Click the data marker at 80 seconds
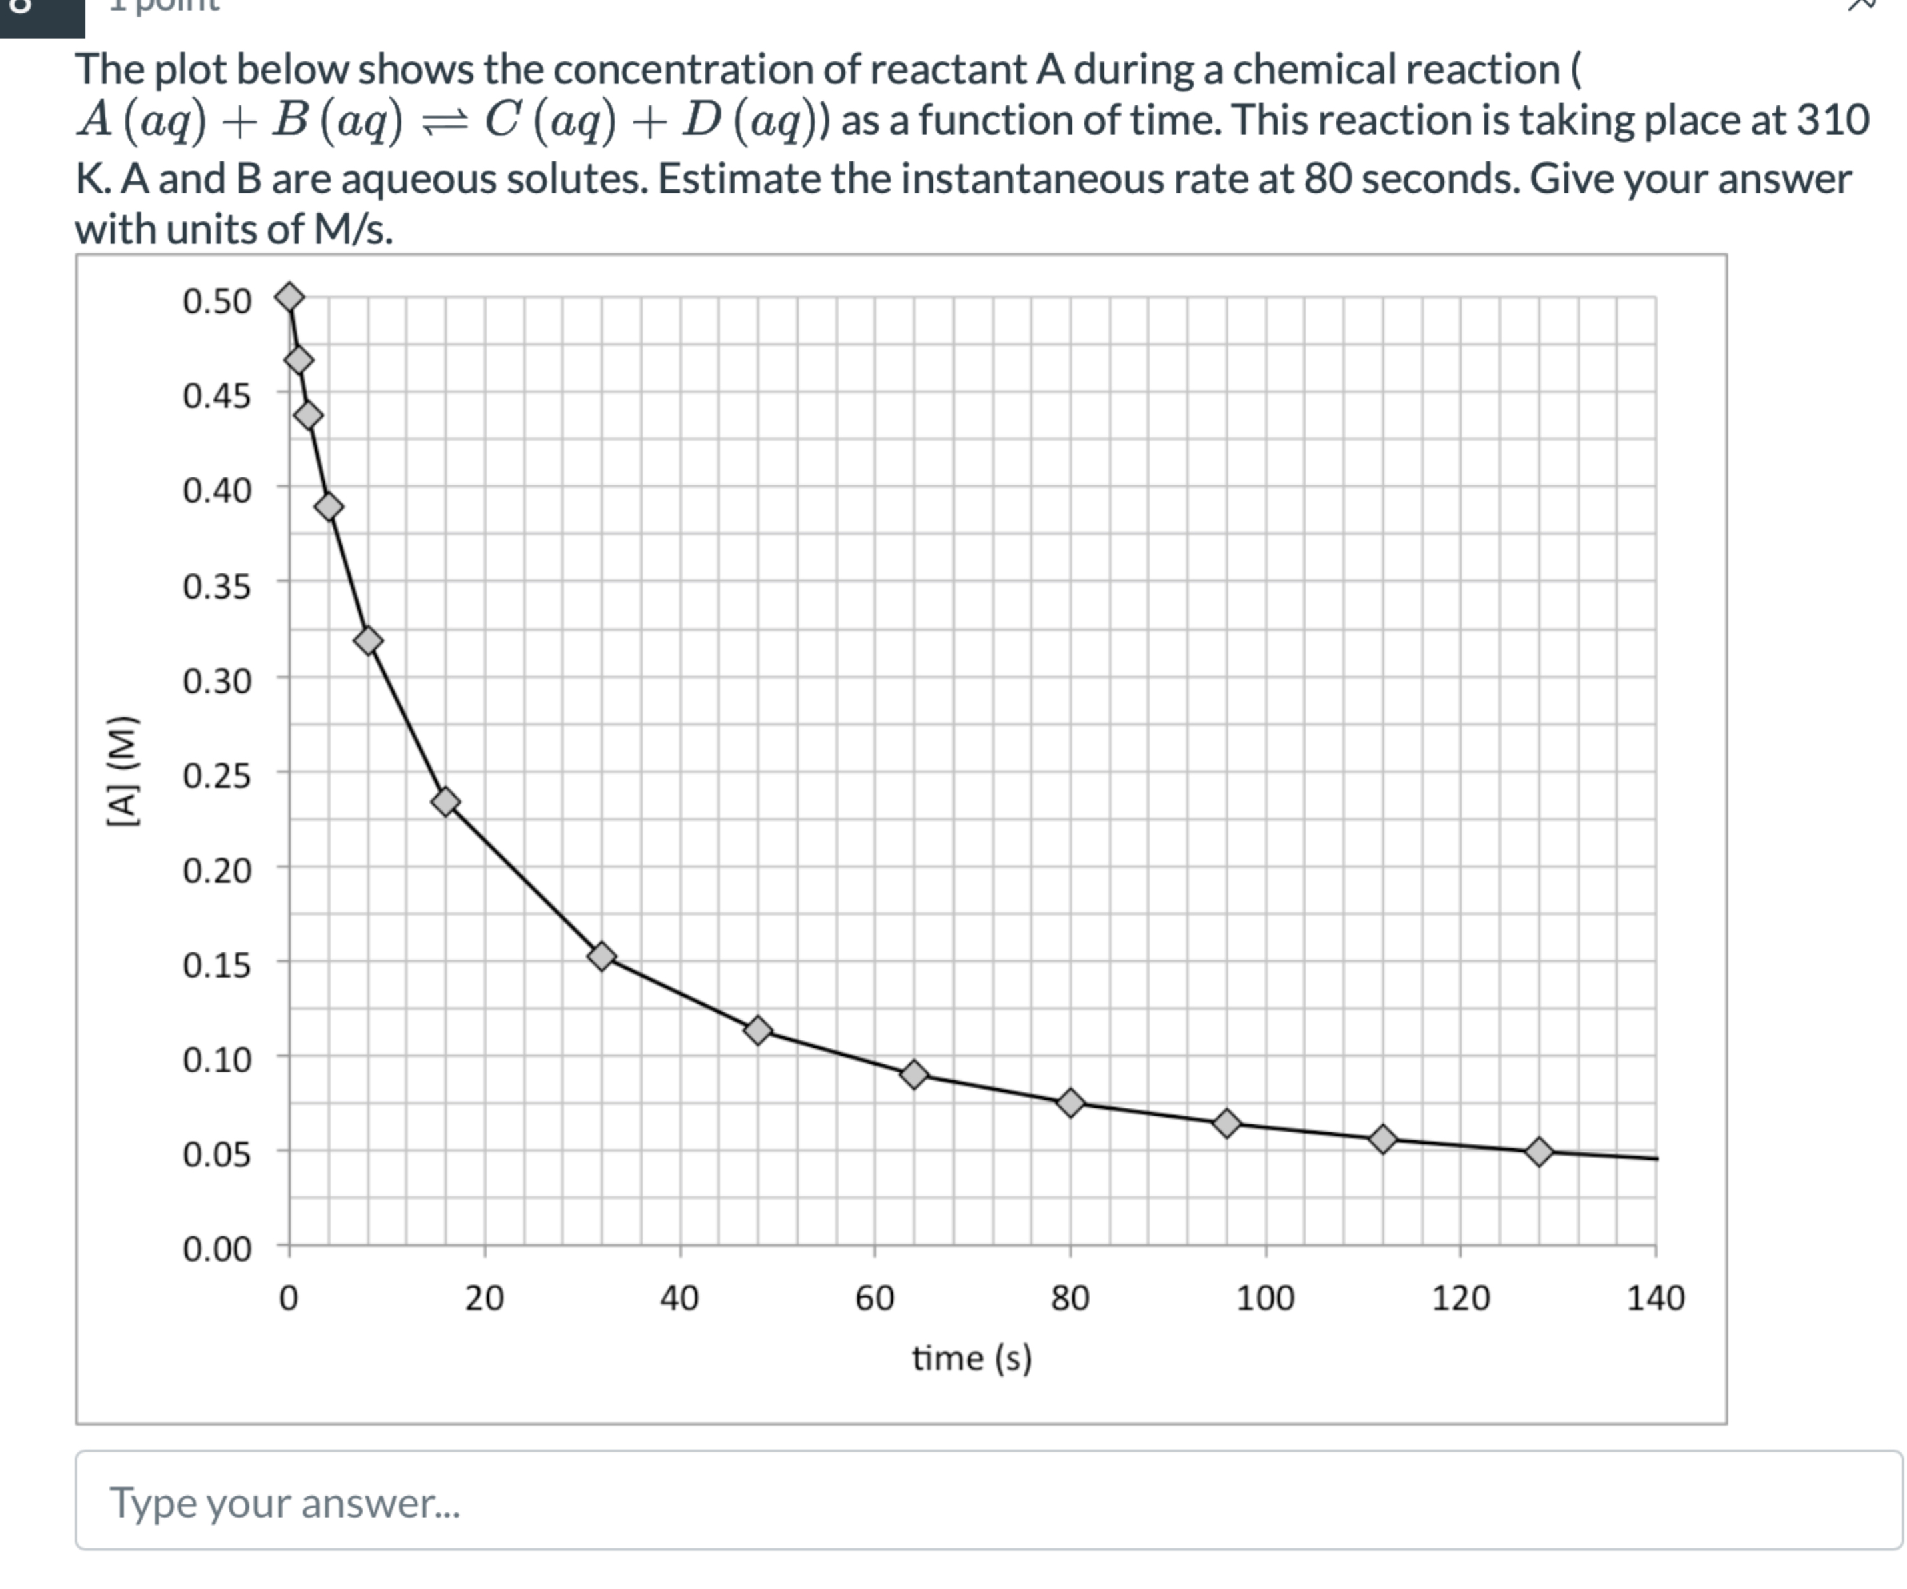tap(1071, 1103)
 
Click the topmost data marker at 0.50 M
tap(289, 297)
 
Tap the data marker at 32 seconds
tap(601, 956)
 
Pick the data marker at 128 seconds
tap(1539, 1152)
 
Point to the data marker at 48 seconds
tap(758, 1031)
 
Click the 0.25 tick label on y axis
tap(216, 776)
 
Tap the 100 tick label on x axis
tap(1265, 1298)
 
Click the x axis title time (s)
tap(972, 1359)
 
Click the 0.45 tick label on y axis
tap(216, 397)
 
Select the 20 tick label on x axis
tap(484, 1298)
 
